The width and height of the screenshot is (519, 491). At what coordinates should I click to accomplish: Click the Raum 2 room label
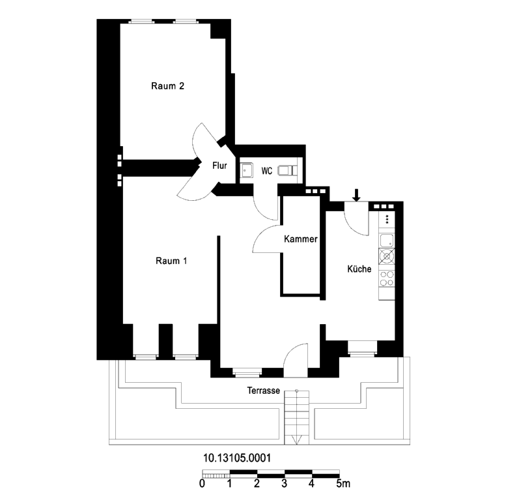(167, 86)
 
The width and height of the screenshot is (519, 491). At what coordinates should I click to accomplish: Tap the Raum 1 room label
(171, 261)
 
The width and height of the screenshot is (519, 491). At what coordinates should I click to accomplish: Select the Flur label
(219, 166)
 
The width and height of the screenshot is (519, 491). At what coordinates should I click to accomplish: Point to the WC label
(267, 171)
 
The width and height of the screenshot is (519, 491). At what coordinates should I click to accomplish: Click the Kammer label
(301, 239)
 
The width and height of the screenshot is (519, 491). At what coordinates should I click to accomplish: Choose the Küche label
(359, 269)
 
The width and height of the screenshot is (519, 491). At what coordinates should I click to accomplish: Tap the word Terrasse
(264, 391)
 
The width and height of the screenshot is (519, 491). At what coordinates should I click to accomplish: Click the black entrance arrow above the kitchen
(356, 195)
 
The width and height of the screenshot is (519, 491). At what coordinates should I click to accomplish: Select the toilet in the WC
(288, 170)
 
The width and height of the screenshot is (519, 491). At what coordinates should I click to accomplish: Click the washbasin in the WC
(246, 170)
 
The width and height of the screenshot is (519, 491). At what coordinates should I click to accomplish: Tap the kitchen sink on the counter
(387, 240)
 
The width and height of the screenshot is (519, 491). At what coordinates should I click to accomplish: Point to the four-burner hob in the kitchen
(387, 278)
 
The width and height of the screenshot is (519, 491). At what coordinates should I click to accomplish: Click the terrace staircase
(296, 417)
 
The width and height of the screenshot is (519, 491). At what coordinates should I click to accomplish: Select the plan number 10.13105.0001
(237, 458)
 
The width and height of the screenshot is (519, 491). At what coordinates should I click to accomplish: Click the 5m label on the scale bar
(343, 483)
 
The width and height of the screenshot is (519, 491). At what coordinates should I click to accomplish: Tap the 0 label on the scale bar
(202, 483)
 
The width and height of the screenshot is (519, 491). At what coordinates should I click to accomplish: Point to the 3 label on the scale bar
(284, 483)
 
